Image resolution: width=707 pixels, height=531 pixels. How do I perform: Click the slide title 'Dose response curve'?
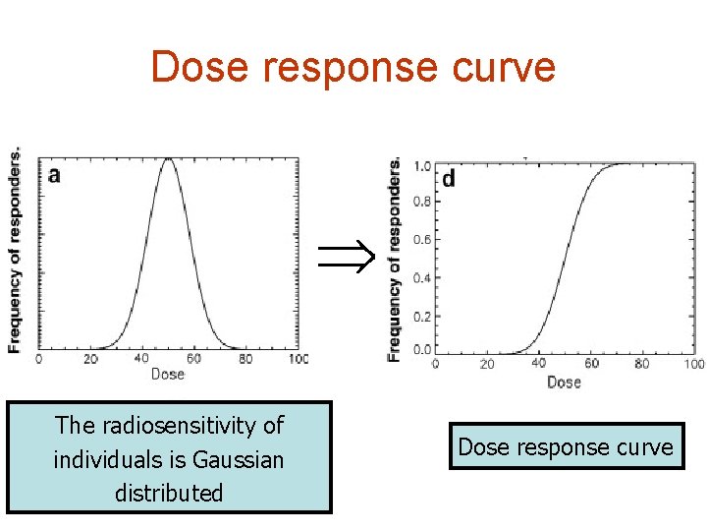(x=353, y=67)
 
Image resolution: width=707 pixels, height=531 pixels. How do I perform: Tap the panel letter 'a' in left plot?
(x=54, y=175)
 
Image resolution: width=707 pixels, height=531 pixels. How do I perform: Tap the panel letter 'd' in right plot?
(x=449, y=179)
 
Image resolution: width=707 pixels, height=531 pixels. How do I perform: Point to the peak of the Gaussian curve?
(x=169, y=159)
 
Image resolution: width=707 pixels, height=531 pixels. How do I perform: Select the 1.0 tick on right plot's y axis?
(x=420, y=166)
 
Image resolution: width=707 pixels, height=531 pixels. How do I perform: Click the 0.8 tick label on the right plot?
(x=420, y=203)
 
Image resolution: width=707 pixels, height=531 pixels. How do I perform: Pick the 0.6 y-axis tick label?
(x=420, y=240)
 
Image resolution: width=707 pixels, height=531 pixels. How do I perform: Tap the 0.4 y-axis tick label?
(x=420, y=278)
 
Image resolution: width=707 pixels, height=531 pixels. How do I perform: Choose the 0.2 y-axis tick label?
(x=420, y=316)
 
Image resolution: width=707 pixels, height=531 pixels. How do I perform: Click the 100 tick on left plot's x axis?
(x=297, y=360)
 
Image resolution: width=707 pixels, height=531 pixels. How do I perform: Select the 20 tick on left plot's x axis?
(x=90, y=360)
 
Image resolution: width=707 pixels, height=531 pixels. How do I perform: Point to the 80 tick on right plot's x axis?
(x=641, y=365)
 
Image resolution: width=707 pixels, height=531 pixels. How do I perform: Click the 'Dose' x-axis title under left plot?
(x=168, y=375)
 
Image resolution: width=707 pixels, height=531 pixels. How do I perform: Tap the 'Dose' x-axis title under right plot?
(x=564, y=382)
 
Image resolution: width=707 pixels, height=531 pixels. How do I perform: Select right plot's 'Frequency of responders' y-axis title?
(x=395, y=259)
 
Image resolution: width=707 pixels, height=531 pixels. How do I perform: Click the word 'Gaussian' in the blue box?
(x=239, y=459)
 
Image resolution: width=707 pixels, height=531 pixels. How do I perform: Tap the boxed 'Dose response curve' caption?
(x=566, y=447)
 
